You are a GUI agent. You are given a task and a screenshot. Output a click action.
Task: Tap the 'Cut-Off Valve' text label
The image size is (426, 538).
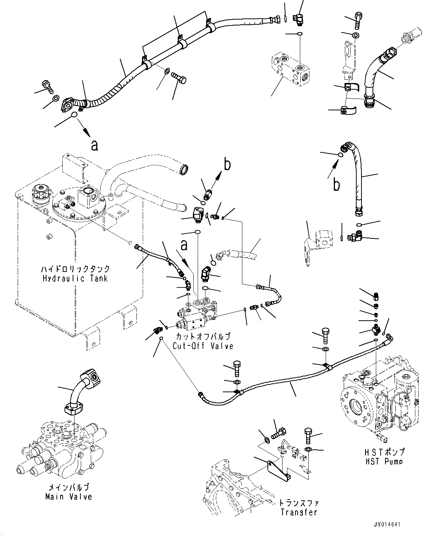pos(203,346)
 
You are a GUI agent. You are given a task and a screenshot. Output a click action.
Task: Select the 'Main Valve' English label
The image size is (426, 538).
pos(69,497)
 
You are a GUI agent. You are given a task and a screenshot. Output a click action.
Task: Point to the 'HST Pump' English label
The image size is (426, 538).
pos(384,461)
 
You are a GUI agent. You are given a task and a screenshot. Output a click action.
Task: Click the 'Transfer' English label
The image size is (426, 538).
pos(299,512)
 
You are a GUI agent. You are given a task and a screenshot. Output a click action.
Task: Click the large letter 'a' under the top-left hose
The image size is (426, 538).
pos(95,146)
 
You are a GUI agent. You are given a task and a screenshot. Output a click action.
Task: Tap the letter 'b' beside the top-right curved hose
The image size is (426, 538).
pos(336,184)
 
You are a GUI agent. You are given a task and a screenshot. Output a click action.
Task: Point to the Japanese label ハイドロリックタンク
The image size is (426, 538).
pos(75,269)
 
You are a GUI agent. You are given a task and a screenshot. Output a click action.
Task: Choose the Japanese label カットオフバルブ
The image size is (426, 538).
pos(203,337)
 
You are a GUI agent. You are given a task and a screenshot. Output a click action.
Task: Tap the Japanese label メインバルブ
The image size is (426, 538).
pos(69,487)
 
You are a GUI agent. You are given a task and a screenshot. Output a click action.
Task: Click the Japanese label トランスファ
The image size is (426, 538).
pos(299,503)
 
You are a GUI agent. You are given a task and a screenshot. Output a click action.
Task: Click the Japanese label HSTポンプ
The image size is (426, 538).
pos(384,452)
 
